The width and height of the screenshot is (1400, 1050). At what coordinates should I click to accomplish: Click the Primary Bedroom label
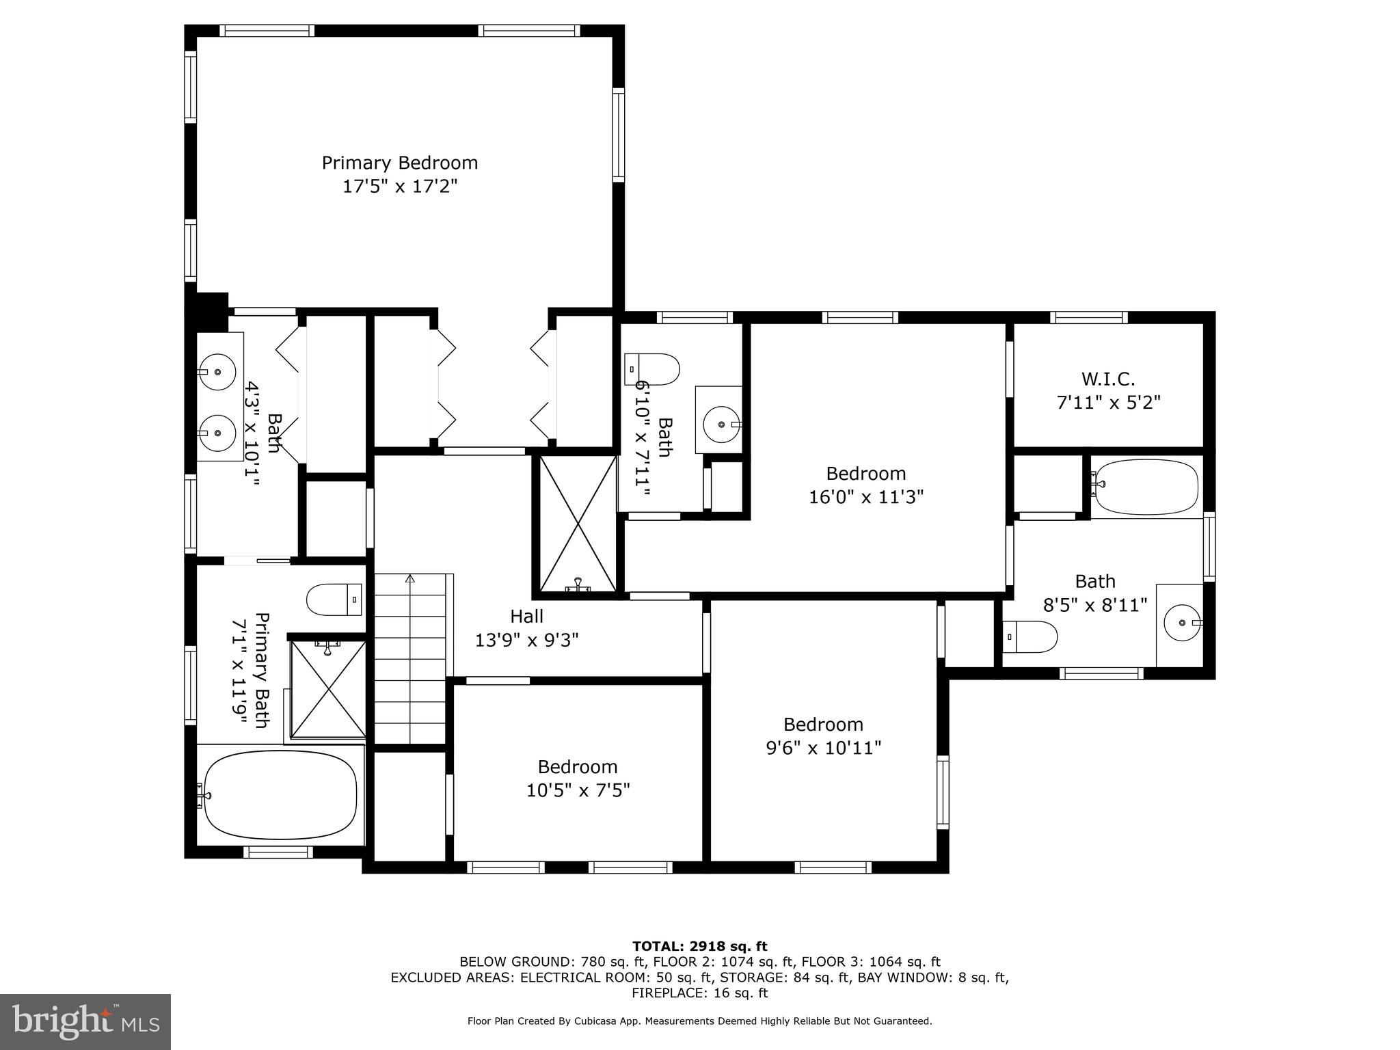tap(399, 163)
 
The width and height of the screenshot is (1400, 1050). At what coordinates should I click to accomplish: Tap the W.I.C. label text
tap(1108, 379)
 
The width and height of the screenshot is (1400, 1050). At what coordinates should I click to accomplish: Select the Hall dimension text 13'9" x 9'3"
tap(526, 641)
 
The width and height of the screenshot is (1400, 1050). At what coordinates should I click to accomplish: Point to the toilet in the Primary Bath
tap(334, 600)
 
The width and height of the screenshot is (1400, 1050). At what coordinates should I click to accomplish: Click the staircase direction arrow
tap(410, 580)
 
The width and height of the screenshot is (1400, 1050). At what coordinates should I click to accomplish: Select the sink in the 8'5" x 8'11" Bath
tap(1183, 623)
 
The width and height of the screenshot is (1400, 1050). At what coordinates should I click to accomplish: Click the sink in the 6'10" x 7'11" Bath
tap(722, 425)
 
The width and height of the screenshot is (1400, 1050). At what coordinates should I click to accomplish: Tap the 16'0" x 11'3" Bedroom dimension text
tap(865, 497)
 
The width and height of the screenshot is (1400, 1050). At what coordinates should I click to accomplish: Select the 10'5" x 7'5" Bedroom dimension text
tap(578, 790)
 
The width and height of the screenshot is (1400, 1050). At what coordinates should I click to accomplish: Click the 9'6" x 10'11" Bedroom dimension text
tap(823, 748)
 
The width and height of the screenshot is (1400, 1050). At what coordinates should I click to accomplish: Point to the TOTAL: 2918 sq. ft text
tap(699, 947)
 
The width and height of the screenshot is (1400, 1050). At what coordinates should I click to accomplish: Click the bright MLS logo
tap(85, 1022)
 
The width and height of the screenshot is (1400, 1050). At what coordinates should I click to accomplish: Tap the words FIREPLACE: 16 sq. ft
tap(699, 993)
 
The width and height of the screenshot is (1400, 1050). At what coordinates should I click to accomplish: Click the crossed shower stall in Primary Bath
tap(329, 689)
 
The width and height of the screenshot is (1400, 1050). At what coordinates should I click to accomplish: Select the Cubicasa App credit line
tap(699, 1021)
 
